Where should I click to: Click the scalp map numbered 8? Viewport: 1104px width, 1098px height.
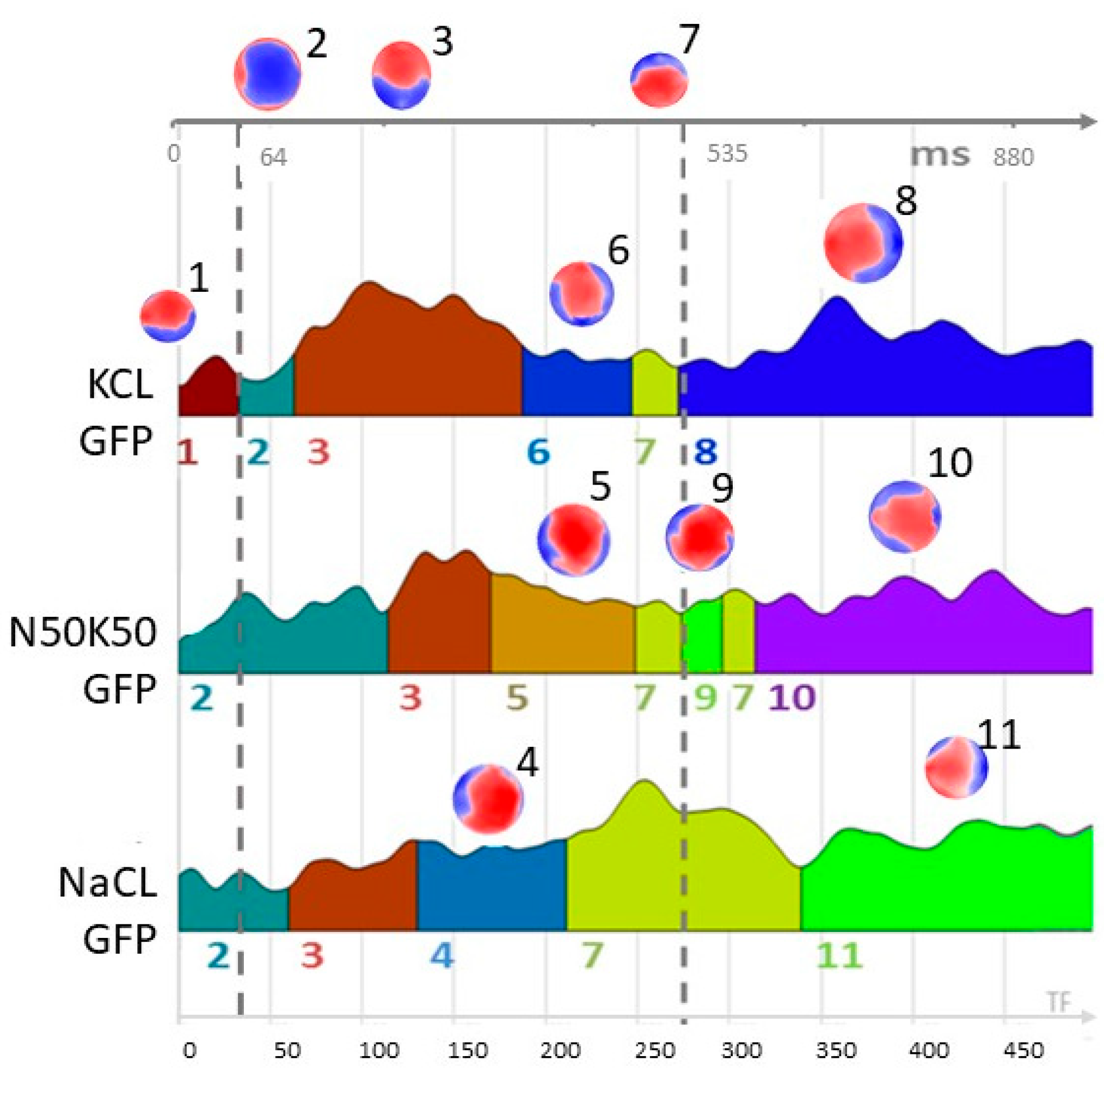pyautogui.click(x=863, y=243)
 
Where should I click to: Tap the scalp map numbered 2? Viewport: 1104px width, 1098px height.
pyautogui.click(x=267, y=73)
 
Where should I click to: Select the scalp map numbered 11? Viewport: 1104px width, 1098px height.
pyautogui.click(x=955, y=767)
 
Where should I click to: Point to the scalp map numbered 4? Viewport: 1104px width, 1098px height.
pyautogui.click(x=488, y=799)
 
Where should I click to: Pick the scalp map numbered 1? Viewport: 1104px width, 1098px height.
pyautogui.click(x=168, y=316)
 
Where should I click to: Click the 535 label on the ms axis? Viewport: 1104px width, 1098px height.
pyautogui.click(x=727, y=154)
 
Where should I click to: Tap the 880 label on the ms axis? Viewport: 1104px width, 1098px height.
pyautogui.click(x=1013, y=158)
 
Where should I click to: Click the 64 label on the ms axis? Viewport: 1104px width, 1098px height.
pyautogui.click(x=273, y=158)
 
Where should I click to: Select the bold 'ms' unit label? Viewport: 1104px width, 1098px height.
pyautogui.click(x=940, y=155)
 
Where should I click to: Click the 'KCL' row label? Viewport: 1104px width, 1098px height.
pyautogui.click(x=120, y=385)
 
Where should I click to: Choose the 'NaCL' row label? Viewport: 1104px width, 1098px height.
pyautogui.click(x=107, y=883)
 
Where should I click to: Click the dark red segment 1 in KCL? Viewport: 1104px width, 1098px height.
pyautogui.click(x=207, y=389)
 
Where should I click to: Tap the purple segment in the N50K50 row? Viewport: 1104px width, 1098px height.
pyautogui.click(x=920, y=634)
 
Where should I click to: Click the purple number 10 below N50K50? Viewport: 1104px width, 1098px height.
pyautogui.click(x=792, y=697)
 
